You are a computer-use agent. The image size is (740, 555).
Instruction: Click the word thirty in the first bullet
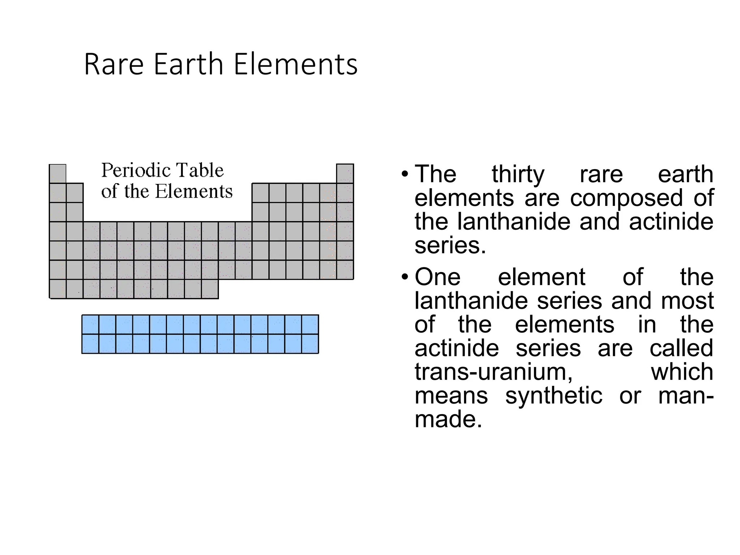coord(518,175)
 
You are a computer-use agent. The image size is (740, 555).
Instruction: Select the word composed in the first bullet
coord(626,198)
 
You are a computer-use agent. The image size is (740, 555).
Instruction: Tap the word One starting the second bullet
coord(438,277)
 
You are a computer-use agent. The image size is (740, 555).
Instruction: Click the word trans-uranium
coord(494,372)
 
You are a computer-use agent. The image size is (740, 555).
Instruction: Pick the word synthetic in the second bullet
coord(554,396)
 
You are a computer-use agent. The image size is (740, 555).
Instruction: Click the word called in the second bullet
coord(681,348)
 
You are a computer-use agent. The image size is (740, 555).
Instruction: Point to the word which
coord(682,372)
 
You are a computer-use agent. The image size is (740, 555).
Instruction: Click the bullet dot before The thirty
coord(405,175)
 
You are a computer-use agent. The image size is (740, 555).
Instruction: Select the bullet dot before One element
coord(405,277)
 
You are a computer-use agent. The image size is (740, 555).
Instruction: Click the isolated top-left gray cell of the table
coord(58,174)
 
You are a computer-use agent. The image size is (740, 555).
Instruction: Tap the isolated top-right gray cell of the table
coord(345,173)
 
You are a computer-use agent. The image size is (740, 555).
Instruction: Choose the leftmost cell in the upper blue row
coord(90,324)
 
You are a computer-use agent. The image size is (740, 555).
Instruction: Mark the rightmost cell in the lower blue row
coord(310,344)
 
